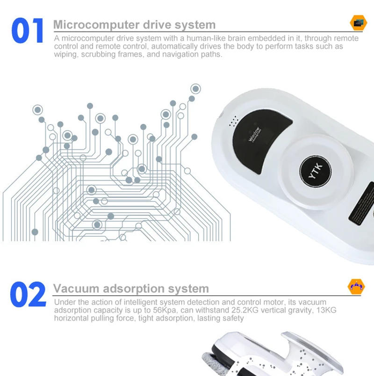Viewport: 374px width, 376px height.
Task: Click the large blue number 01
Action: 28,31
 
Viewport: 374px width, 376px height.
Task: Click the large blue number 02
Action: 28,295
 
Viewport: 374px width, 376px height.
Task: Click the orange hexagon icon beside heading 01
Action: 358,22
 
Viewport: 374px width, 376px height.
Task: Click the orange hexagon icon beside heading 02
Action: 356,286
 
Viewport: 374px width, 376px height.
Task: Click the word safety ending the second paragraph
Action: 232,318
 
